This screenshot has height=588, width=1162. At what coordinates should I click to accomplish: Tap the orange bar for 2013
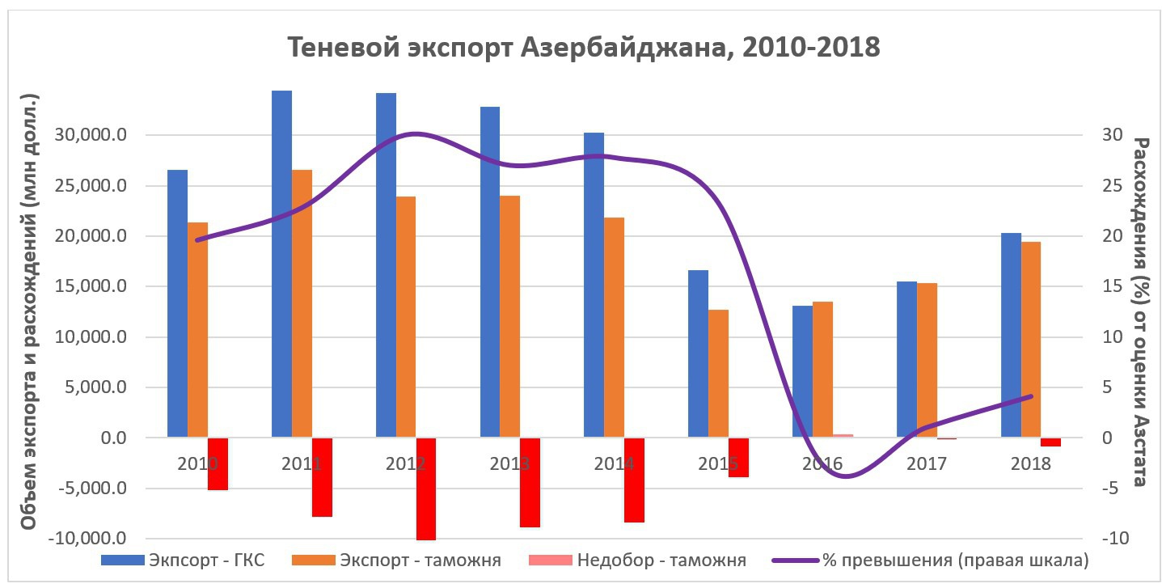[510, 315]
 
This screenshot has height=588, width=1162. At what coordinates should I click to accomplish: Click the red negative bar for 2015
[738, 457]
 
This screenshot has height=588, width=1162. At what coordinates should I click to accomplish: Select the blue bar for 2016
[802, 371]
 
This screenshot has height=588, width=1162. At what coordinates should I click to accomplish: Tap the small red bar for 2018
[1050, 442]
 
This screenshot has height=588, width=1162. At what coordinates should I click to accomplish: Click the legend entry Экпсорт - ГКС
[205, 560]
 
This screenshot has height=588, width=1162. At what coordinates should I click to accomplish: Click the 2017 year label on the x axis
[926, 464]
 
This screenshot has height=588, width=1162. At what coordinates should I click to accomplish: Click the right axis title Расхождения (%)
[1140, 311]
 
